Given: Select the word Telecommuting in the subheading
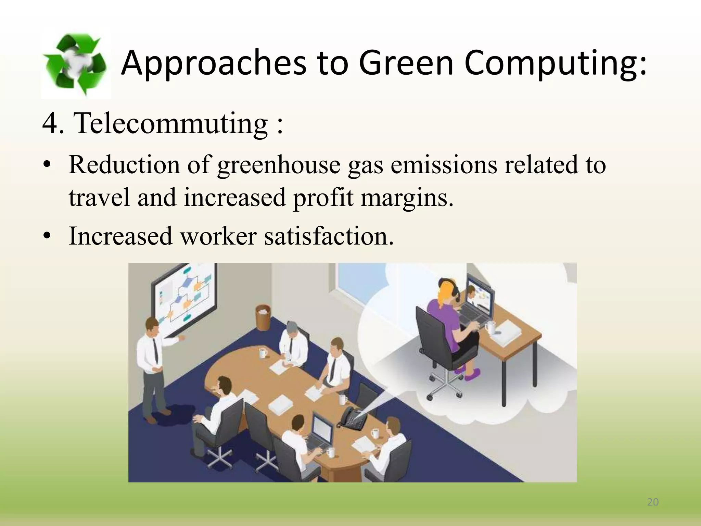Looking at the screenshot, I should (171, 123).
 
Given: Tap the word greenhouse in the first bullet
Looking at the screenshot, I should (279, 165).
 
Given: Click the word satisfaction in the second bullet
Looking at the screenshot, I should (329, 236).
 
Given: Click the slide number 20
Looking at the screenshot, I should (653, 502).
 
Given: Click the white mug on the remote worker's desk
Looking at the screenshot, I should (490, 327).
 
